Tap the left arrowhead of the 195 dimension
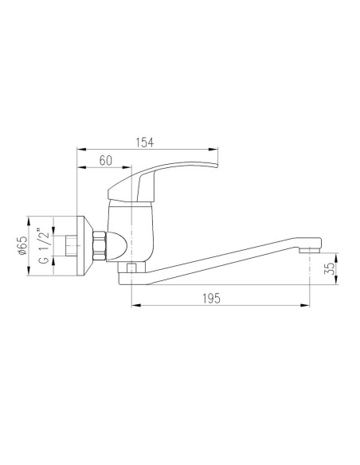134,305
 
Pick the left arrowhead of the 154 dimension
80,149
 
